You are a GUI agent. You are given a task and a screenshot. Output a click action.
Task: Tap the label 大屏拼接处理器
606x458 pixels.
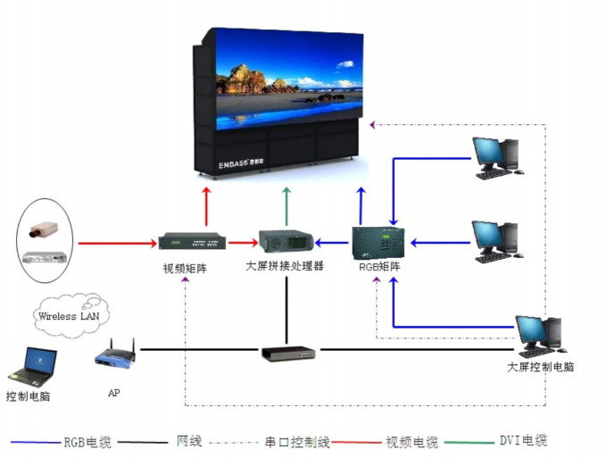click(285, 266)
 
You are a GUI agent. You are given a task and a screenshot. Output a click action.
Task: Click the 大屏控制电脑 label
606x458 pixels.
click(540, 367)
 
